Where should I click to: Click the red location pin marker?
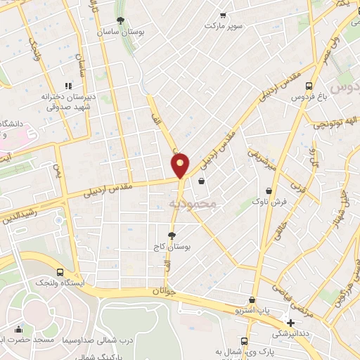click(x=181, y=165)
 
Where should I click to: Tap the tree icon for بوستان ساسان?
click(x=121, y=20)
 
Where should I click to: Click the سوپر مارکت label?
click(x=223, y=25)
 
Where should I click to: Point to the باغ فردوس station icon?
click(x=298, y=81)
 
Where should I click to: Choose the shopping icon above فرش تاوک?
click(x=269, y=191)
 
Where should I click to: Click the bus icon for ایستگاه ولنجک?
click(x=60, y=272)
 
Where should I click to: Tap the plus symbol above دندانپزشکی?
click(x=290, y=323)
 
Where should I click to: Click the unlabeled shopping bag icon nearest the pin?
click(x=202, y=181)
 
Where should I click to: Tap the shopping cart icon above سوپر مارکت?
click(x=223, y=15)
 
